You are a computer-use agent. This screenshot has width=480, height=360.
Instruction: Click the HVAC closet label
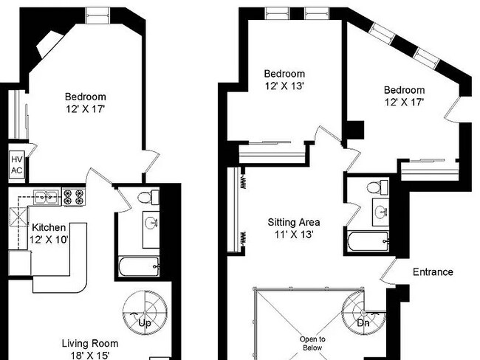[x=17, y=165]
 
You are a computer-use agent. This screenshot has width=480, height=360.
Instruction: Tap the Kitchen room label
[x=49, y=227]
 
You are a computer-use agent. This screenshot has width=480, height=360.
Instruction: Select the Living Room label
[x=90, y=344]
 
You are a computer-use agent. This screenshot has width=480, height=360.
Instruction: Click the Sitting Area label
[x=294, y=222]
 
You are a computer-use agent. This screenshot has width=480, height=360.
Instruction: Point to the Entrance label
[x=433, y=272]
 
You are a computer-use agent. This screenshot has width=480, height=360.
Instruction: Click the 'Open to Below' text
[x=312, y=344]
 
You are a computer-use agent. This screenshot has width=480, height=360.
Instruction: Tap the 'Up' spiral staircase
[x=145, y=313]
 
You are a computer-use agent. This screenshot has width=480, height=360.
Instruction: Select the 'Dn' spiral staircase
[x=363, y=313]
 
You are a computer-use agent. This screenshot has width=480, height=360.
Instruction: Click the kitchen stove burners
[x=74, y=197]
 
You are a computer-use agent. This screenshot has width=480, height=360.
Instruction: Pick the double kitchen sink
[x=47, y=197]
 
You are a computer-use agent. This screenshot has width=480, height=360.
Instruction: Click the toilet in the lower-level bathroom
[x=148, y=197]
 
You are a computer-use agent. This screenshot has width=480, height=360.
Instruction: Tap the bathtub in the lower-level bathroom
[x=139, y=266]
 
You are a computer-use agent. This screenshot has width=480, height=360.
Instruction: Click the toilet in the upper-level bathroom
[x=377, y=187]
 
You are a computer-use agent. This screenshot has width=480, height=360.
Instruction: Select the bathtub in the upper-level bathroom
[x=368, y=241]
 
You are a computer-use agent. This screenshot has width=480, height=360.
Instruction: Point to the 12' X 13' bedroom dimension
[x=284, y=86]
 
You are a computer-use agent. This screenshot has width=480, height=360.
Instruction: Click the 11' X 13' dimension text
[x=294, y=235]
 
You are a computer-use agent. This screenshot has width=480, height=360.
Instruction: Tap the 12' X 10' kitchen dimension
[x=49, y=240]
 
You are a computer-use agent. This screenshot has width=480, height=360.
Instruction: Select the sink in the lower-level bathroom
[x=151, y=229]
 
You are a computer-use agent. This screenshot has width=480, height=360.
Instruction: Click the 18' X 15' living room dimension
[x=90, y=356]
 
